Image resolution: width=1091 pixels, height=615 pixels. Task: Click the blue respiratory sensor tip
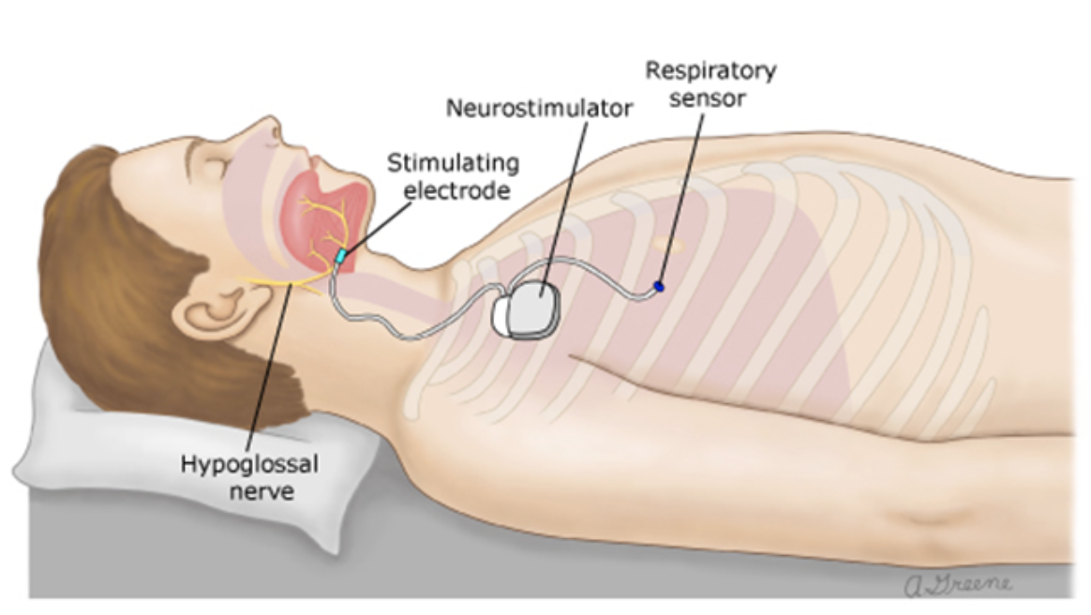(658, 285)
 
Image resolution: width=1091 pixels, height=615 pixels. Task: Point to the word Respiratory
(710, 70)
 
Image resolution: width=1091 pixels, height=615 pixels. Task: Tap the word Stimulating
(454, 163)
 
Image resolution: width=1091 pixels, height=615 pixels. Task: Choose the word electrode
(453, 190)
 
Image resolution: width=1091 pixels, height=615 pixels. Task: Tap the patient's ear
(214, 309)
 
